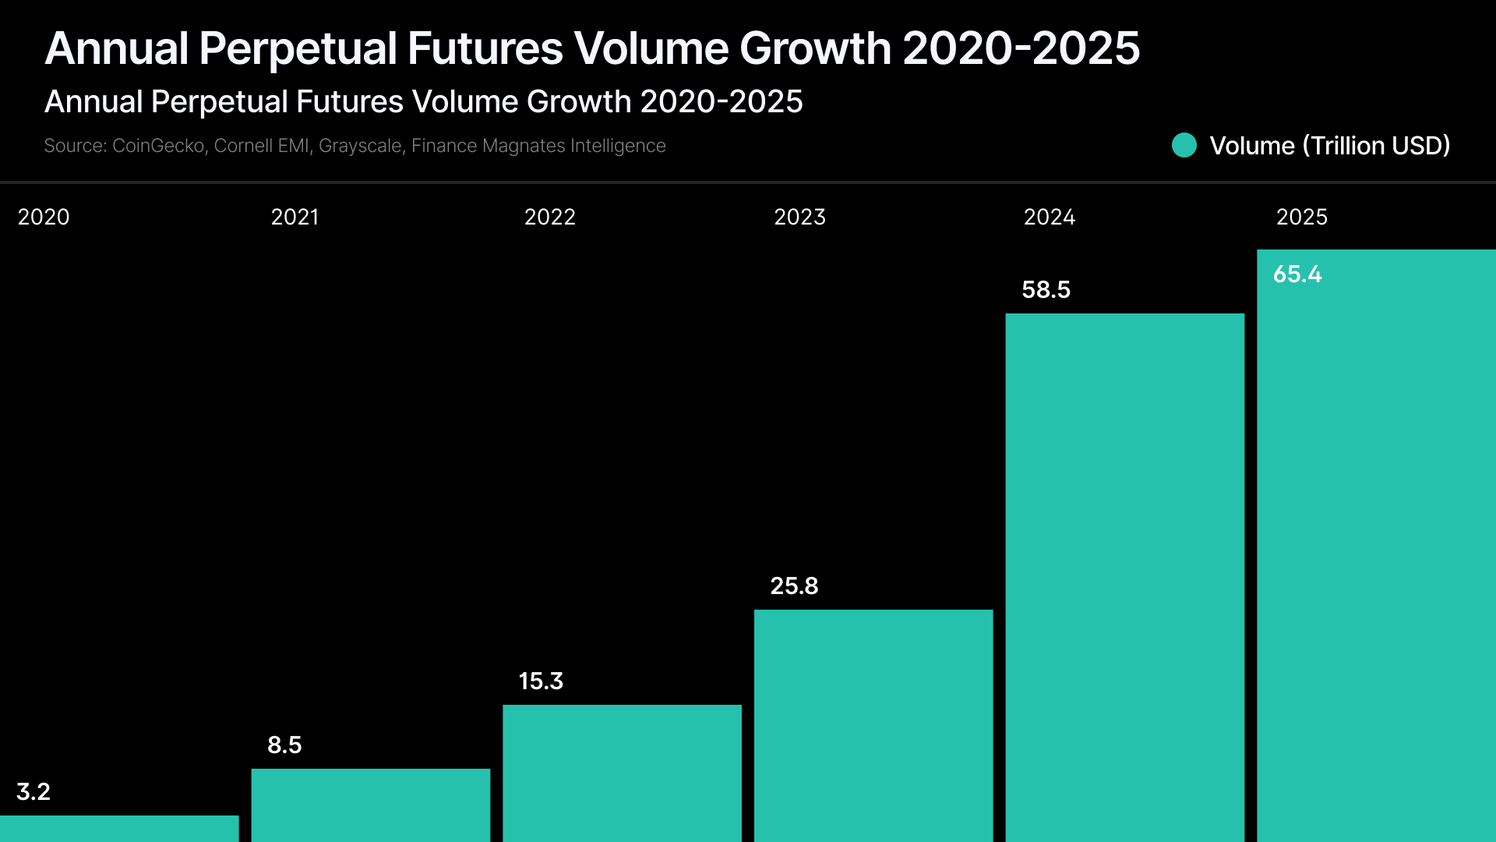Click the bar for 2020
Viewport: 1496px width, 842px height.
click(x=119, y=828)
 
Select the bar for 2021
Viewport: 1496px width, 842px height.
click(x=371, y=805)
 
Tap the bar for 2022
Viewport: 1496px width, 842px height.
click(x=622, y=773)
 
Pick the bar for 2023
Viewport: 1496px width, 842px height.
click(x=873, y=725)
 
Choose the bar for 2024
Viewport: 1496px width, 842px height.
click(x=1124, y=577)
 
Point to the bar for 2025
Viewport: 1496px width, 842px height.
click(x=1376, y=546)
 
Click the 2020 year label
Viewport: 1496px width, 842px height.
click(x=44, y=217)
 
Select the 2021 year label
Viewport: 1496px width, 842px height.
click(x=295, y=217)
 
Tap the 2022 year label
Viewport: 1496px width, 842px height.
click(x=549, y=217)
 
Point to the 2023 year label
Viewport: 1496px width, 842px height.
click(x=799, y=217)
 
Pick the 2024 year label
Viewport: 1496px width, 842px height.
click(x=1049, y=217)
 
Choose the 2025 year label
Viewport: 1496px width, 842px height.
click(x=1301, y=217)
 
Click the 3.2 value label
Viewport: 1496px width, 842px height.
click(x=34, y=791)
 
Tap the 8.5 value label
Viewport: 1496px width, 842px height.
click(x=284, y=745)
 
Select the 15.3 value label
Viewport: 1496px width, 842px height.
click(x=541, y=681)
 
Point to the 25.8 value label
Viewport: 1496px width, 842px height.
click(x=794, y=586)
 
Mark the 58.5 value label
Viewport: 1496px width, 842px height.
click(x=1046, y=289)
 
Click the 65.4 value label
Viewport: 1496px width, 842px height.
click(x=1297, y=274)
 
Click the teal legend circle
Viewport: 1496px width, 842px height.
click(x=1184, y=145)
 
